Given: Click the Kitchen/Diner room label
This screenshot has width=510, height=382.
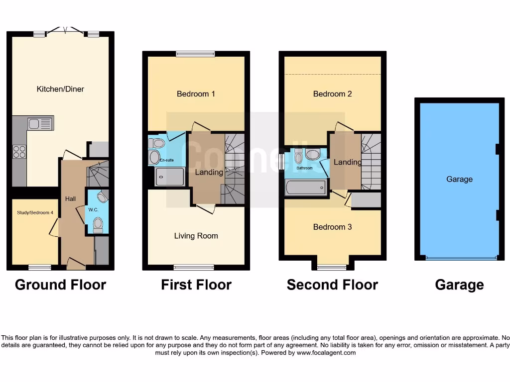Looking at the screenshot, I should pyautogui.click(x=60, y=89).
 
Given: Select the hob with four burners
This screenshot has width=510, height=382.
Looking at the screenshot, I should pyautogui.click(x=19, y=151).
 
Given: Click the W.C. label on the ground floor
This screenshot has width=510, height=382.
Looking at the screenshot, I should pyautogui.click(x=93, y=209).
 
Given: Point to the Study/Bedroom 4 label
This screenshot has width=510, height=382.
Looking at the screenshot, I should pyautogui.click(x=32, y=212).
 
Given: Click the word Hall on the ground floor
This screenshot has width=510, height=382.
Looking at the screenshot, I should pyautogui.click(x=70, y=198).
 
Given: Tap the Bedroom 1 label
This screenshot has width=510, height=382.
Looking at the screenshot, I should pyautogui.click(x=196, y=94).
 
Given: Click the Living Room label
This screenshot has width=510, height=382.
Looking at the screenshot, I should pyautogui.click(x=196, y=236).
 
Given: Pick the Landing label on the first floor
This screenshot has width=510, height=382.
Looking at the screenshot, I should pyautogui.click(x=209, y=172).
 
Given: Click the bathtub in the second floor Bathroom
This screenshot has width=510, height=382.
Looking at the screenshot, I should pyautogui.click(x=306, y=188).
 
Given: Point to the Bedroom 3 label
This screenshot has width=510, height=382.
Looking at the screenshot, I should pyautogui.click(x=332, y=227).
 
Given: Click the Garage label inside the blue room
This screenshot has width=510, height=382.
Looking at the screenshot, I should pyautogui.click(x=459, y=179).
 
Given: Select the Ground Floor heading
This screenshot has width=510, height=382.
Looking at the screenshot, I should pyautogui.click(x=60, y=285).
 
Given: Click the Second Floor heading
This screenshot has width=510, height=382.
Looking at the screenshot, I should pyautogui.click(x=332, y=285).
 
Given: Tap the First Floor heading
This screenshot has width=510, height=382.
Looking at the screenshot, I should pyautogui.click(x=196, y=285).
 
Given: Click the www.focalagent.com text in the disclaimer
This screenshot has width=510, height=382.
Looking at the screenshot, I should pyautogui.click(x=326, y=353).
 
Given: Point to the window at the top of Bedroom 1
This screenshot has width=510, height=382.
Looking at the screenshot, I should pyautogui.click(x=195, y=54).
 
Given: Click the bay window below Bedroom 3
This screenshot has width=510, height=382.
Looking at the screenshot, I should pyautogui.click(x=332, y=267).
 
